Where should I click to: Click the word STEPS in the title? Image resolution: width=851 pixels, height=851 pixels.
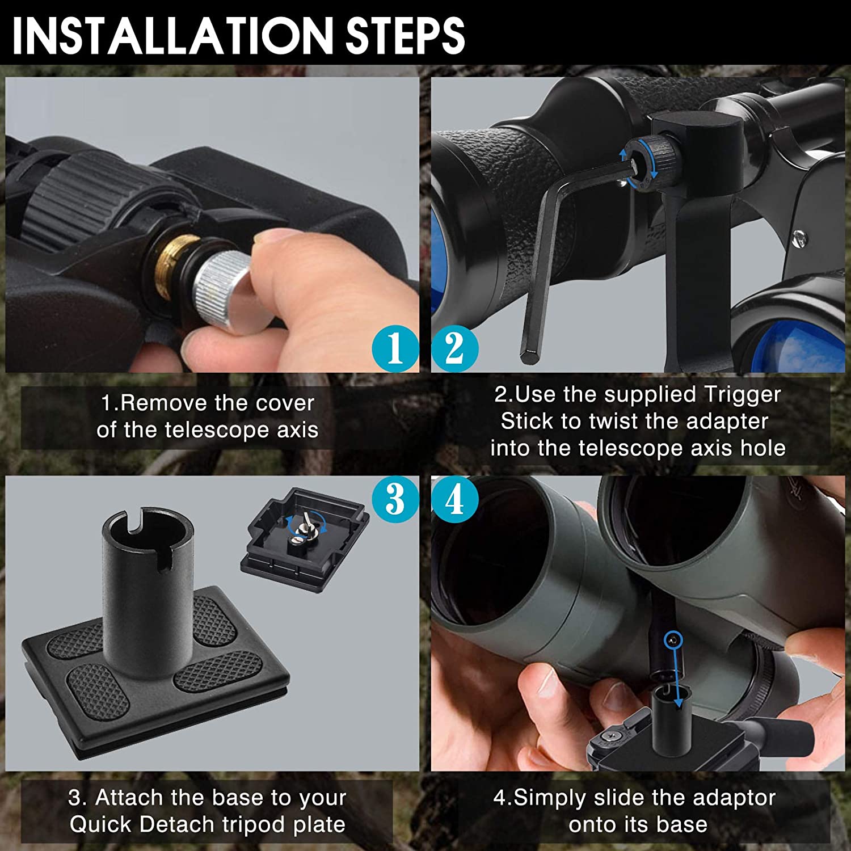tap(405, 35)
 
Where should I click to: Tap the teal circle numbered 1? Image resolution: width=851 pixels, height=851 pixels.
tap(395, 348)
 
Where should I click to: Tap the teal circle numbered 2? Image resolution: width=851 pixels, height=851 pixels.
tap(454, 348)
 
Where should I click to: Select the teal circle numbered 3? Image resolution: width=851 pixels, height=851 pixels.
tap(395, 499)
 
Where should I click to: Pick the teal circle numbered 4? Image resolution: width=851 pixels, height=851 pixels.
tap(454, 499)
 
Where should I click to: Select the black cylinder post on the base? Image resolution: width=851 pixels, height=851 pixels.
tap(148, 590)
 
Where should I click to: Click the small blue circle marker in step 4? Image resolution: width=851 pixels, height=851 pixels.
tap(672, 640)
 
